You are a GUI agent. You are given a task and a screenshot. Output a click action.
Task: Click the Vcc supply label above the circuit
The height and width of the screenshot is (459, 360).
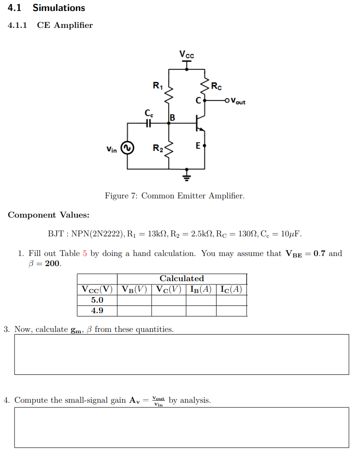pos(186,54)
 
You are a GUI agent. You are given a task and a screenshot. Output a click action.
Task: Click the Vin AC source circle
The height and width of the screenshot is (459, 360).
pos(127,148)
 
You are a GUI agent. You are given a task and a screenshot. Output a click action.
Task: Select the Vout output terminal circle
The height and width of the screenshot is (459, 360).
pos(227,100)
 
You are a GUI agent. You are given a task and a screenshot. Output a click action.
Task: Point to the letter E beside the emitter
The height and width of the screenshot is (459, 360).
pos(197,146)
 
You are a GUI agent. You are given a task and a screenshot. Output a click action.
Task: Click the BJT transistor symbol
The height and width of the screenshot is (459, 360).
pos(200,123)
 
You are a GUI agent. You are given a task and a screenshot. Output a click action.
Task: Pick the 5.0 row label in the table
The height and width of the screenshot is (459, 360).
pos(97,300)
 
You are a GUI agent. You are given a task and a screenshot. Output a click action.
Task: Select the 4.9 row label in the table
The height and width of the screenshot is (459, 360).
pos(97,310)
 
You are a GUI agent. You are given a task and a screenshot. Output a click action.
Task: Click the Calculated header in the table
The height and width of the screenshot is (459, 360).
pos(182,278)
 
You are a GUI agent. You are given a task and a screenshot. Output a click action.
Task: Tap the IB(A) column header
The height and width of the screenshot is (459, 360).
pos(201,289)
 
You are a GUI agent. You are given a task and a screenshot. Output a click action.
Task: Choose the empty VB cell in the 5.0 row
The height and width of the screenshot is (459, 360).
pos(134,300)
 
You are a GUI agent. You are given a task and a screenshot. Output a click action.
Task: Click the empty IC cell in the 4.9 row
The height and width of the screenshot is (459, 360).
pos(231,310)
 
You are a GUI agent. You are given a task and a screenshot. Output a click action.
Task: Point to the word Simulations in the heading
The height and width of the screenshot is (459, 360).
pos(58,8)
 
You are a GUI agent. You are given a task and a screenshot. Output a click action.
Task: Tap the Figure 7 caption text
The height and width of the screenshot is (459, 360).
pos(175,196)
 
